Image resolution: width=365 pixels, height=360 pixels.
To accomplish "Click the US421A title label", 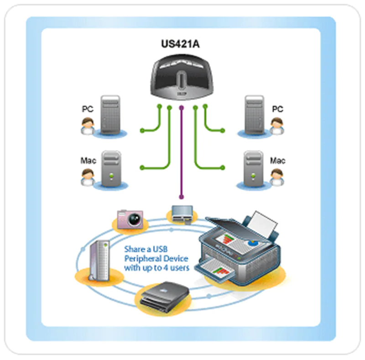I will click(182, 44).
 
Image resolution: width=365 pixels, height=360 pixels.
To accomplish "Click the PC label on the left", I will click(87, 109).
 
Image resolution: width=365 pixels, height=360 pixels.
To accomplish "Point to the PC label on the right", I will click(277, 109).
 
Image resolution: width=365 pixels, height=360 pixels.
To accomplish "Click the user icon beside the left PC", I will click(87, 126).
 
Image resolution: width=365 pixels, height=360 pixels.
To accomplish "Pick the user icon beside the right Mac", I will click(276, 177).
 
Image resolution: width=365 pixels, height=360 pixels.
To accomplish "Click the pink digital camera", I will click(130, 219).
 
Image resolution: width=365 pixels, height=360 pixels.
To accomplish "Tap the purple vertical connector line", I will click(182, 151).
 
